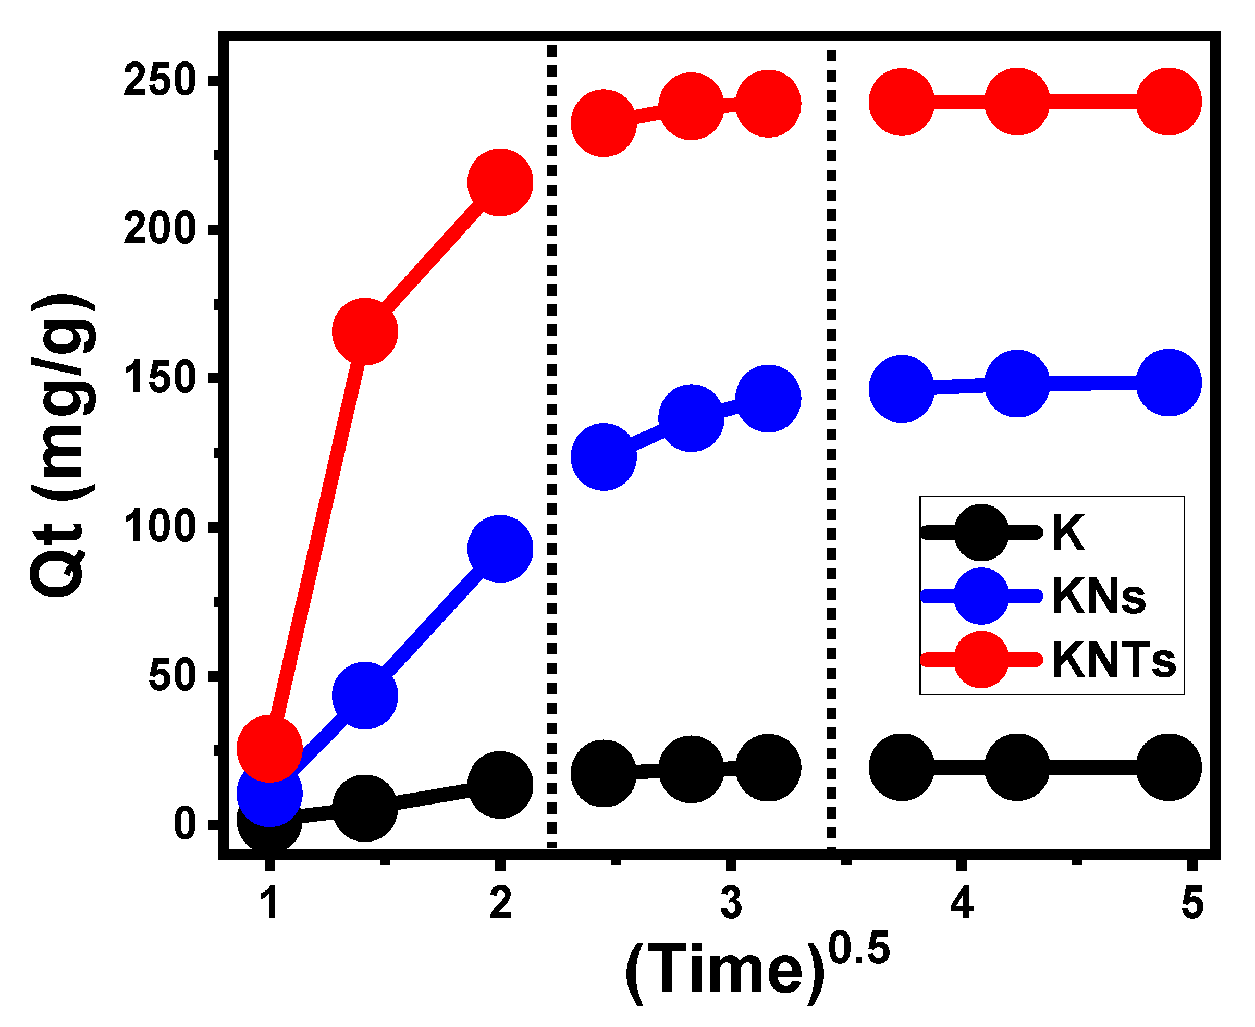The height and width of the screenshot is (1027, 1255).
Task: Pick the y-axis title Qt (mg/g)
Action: point(62,447)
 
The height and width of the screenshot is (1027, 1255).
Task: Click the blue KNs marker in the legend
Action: point(981,596)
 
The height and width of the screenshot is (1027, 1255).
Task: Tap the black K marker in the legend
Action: point(981,533)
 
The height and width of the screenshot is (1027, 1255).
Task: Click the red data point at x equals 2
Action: point(500,182)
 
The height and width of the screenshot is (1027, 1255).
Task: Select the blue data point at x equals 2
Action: point(500,548)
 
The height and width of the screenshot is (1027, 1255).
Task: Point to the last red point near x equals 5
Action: point(1168,101)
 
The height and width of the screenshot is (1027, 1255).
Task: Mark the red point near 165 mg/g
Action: point(364,331)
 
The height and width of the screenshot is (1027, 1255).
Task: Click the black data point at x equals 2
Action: point(500,785)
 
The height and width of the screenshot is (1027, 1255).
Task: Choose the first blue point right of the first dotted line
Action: point(603,457)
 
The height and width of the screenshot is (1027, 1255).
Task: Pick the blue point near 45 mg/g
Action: point(364,696)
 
